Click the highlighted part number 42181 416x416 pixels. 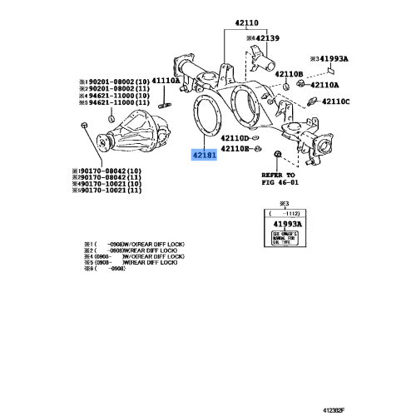pos(204,156)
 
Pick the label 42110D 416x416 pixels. pos(280,136)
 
